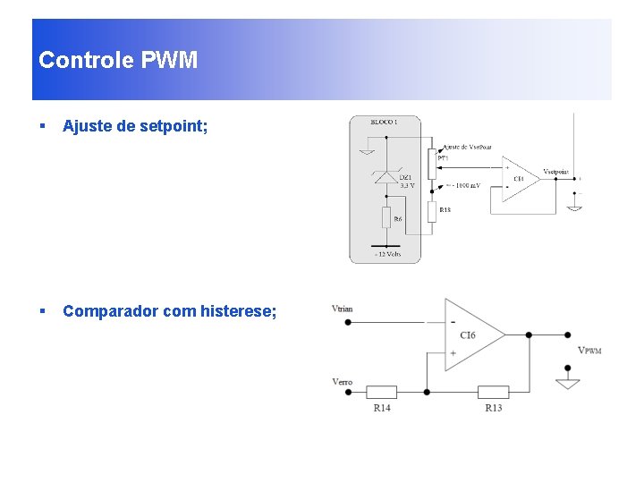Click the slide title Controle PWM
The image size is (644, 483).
click(118, 61)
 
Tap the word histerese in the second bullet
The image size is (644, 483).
click(241, 311)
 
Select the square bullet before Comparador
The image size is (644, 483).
click(42, 311)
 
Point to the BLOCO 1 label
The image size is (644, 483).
click(384, 121)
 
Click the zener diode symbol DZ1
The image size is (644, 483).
click(386, 177)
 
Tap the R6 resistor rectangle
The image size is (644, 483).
click(386, 217)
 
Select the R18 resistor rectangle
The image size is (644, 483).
click(432, 211)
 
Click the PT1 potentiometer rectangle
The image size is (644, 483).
click(432, 165)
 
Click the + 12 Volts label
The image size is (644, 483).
click(386, 254)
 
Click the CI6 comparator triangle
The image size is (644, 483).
click(471, 335)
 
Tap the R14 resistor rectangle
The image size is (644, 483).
click(382, 392)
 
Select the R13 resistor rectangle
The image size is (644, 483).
click(493, 392)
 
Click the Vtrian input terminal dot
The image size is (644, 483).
click(348, 321)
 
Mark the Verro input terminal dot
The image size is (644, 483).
click(348, 392)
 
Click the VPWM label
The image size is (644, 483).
click(589, 350)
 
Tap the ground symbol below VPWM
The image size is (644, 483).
click(567, 383)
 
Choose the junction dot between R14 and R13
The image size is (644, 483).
click(427, 392)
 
